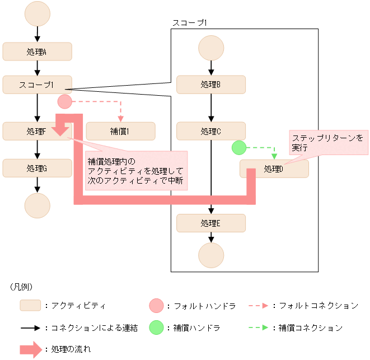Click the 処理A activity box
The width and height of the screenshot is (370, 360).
point(37,52)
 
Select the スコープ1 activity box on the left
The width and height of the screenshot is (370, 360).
point(37,85)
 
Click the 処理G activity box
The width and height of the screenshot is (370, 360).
point(37,167)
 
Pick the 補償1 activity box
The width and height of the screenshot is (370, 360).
point(120,131)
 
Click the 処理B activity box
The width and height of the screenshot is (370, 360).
point(211,85)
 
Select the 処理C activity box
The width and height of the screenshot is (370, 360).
point(211,131)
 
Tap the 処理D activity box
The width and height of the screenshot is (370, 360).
point(274,169)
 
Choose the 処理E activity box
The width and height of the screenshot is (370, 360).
point(211,223)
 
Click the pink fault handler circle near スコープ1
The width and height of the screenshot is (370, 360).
point(65,102)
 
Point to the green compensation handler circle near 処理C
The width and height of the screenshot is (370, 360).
point(239,148)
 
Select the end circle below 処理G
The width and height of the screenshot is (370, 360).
point(37,205)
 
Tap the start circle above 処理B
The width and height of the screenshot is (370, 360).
point(211,48)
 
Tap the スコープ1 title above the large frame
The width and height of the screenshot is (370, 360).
point(190,23)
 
